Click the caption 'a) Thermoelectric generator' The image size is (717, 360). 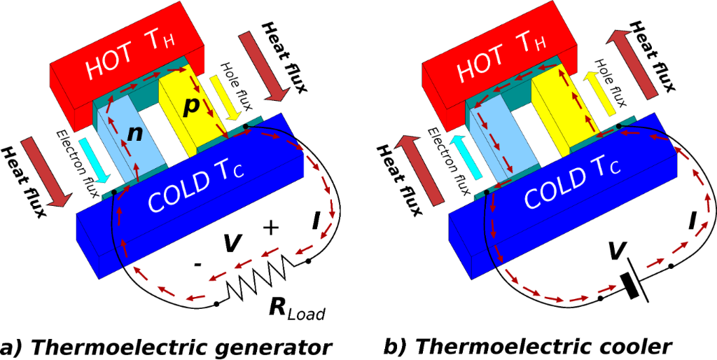(x=165, y=349)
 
